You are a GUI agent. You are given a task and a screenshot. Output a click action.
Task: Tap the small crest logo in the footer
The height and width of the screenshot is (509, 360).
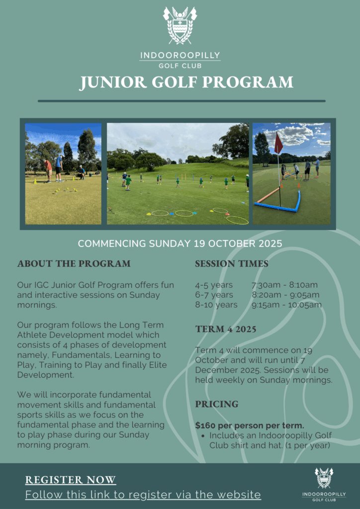pyautogui.click(x=324, y=478)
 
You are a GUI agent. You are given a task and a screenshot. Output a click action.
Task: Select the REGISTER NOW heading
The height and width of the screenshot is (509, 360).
pyautogui.click(x=71, y=480)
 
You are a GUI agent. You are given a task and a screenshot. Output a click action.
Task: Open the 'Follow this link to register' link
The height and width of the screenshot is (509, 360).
pyautogui.click(x=143, y=495)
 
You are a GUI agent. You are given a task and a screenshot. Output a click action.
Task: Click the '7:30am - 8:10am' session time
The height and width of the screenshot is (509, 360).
pyautogui.click(x=284, y=285)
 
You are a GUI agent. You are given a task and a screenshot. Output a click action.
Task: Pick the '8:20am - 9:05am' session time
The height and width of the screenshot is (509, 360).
pyautogui.click(x=285, y=295)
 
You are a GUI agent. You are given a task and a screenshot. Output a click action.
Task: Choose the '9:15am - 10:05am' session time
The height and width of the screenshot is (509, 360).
pyautogui.click(x=286, y=305)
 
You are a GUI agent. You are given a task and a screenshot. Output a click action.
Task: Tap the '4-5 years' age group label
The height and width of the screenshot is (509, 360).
pyautogui.click(x=214, y=285)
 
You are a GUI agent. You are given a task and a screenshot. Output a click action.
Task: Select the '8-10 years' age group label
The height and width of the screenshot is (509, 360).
pyautogui.click(x=216, y=305)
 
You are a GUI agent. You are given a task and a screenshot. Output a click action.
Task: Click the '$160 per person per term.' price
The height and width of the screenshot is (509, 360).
pyautogui.click(x=250, y=425)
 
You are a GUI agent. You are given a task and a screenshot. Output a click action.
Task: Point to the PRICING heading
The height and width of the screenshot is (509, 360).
pyautogui.click(x=217, y=404)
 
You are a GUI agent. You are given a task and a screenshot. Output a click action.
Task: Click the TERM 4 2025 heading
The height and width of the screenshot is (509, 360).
pyautogui.click(x=226, y=329)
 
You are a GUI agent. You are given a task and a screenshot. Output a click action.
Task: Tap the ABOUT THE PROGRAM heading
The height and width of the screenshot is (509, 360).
pyautogui.click(x=74, y=263)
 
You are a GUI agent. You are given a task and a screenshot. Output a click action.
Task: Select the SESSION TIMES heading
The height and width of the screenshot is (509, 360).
pyautogui.click(x=232, y=263)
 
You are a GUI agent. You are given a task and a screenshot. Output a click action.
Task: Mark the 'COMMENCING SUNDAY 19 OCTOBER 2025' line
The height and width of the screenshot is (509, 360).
pyautogui.click(x=180, y=244)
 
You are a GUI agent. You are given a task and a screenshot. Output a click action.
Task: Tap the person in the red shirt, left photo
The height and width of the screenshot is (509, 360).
pyautogui.click(x=48, y=169)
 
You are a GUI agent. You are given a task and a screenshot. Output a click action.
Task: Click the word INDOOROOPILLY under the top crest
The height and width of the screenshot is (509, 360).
pyautogui.click(x=180, y=55)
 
